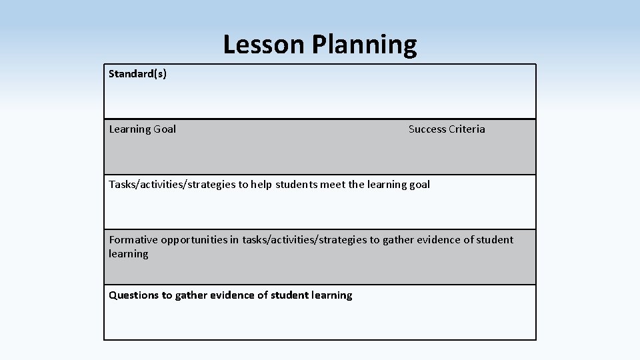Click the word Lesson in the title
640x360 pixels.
tap(263, 45)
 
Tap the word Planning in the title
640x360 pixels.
tap(364, 45)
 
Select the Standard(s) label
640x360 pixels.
tap(138, 73)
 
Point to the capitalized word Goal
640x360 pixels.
tap(165, 129)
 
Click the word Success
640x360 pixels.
tap(427, 129)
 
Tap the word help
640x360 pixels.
tap(261, 185)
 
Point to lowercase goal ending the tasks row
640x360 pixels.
tap(419, 185)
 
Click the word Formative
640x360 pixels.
tap(133, 239)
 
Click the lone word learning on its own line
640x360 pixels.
tap(129, 254)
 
